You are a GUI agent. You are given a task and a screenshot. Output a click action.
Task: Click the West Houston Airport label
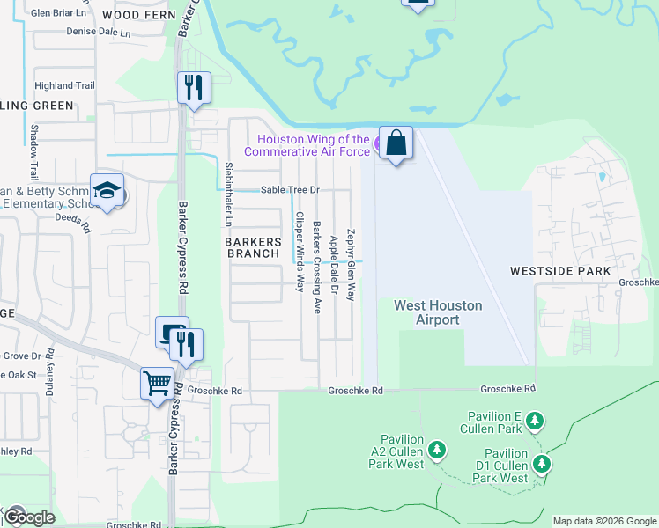[x=438, y=312]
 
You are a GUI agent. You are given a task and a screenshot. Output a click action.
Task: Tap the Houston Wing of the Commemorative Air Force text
[x=313, y=145]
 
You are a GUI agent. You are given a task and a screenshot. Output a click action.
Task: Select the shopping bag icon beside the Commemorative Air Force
[x=396, y=143]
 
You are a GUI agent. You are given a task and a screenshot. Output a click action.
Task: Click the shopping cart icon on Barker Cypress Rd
[x=157, y=383]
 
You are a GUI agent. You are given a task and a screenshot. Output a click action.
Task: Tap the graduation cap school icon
[x=107, y=191]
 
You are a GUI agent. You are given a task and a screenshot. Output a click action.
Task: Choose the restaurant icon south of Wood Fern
[x=193, y=88]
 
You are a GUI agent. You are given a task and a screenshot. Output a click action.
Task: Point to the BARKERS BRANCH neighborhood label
[x=254, y=247]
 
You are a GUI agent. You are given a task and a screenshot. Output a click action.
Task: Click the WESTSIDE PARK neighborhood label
[x=559, y=271]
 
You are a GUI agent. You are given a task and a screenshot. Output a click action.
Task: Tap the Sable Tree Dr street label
[x=289, y=190]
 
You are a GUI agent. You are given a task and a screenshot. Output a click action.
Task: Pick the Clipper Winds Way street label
[x=300, y=252]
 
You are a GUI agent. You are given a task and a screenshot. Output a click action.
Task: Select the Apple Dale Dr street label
[x=334, y=264]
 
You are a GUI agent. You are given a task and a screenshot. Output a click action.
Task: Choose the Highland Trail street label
[x=63, y=85]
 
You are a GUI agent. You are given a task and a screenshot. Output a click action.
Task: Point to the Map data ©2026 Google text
[x=603, y=521]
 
